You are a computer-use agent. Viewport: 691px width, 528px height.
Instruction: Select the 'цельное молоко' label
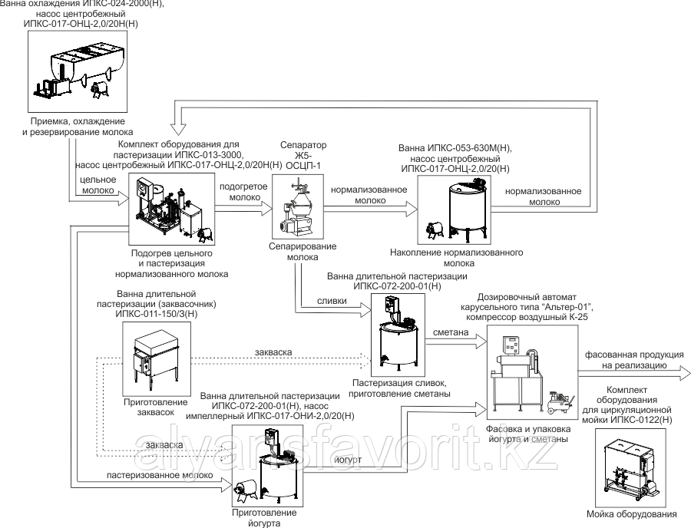[x=98, y=185]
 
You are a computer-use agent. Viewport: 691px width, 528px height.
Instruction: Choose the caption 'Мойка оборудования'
[x=630, y=514]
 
